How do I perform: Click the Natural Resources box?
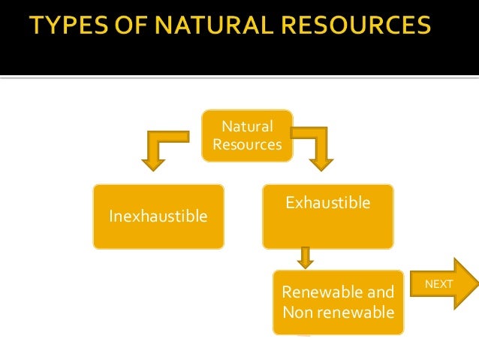(x=247, y=135)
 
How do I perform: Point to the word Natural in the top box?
(x=247, y=126)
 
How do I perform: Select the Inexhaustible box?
(x=158, y=216)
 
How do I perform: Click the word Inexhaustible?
(x=158, y=217)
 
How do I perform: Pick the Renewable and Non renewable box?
(x=338, y=301)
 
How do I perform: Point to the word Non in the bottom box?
(x=294, y=310)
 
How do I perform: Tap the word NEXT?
(x=439, y=284)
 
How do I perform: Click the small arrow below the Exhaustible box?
(x=305, y=258)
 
